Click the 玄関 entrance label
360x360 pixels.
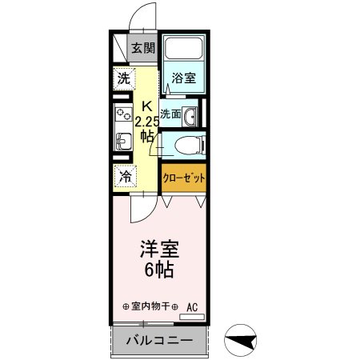click(x=144, y=48)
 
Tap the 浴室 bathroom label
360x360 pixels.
click(x=183, y=78)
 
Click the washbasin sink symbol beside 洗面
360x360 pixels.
click(x=190, y=117)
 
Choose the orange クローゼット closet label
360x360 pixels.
click(x=184, y=178)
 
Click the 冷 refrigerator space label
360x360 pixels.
click(x=125, y=178)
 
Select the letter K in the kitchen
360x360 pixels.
click(x=146, y=106)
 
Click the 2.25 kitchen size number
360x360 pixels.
click(x=147, y=122)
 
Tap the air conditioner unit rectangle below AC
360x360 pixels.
click(x=192, y=318)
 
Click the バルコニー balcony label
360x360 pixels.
click(x=158, y=342)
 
